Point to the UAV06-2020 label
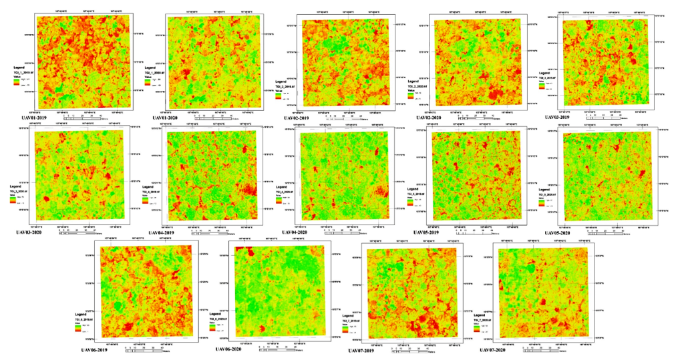232,349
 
